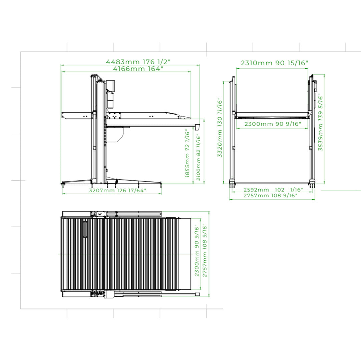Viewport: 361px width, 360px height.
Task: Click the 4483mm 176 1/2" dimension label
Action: tap(138, 62)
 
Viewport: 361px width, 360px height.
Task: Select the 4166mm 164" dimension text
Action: tap(138, 69)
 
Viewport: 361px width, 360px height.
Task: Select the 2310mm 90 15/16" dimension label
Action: tap(274, 63)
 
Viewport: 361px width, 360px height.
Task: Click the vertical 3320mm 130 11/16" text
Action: tap(220, 128)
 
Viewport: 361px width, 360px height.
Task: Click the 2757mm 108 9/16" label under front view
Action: tap(270, 196)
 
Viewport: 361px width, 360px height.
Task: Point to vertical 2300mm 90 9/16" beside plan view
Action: tap(197, 250)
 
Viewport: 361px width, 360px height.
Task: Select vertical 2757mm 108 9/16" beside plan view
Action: tap(205, 250)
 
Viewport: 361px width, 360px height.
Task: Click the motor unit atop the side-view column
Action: tap(111, 86)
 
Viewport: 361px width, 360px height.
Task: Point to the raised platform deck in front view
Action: tap(272, 115)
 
